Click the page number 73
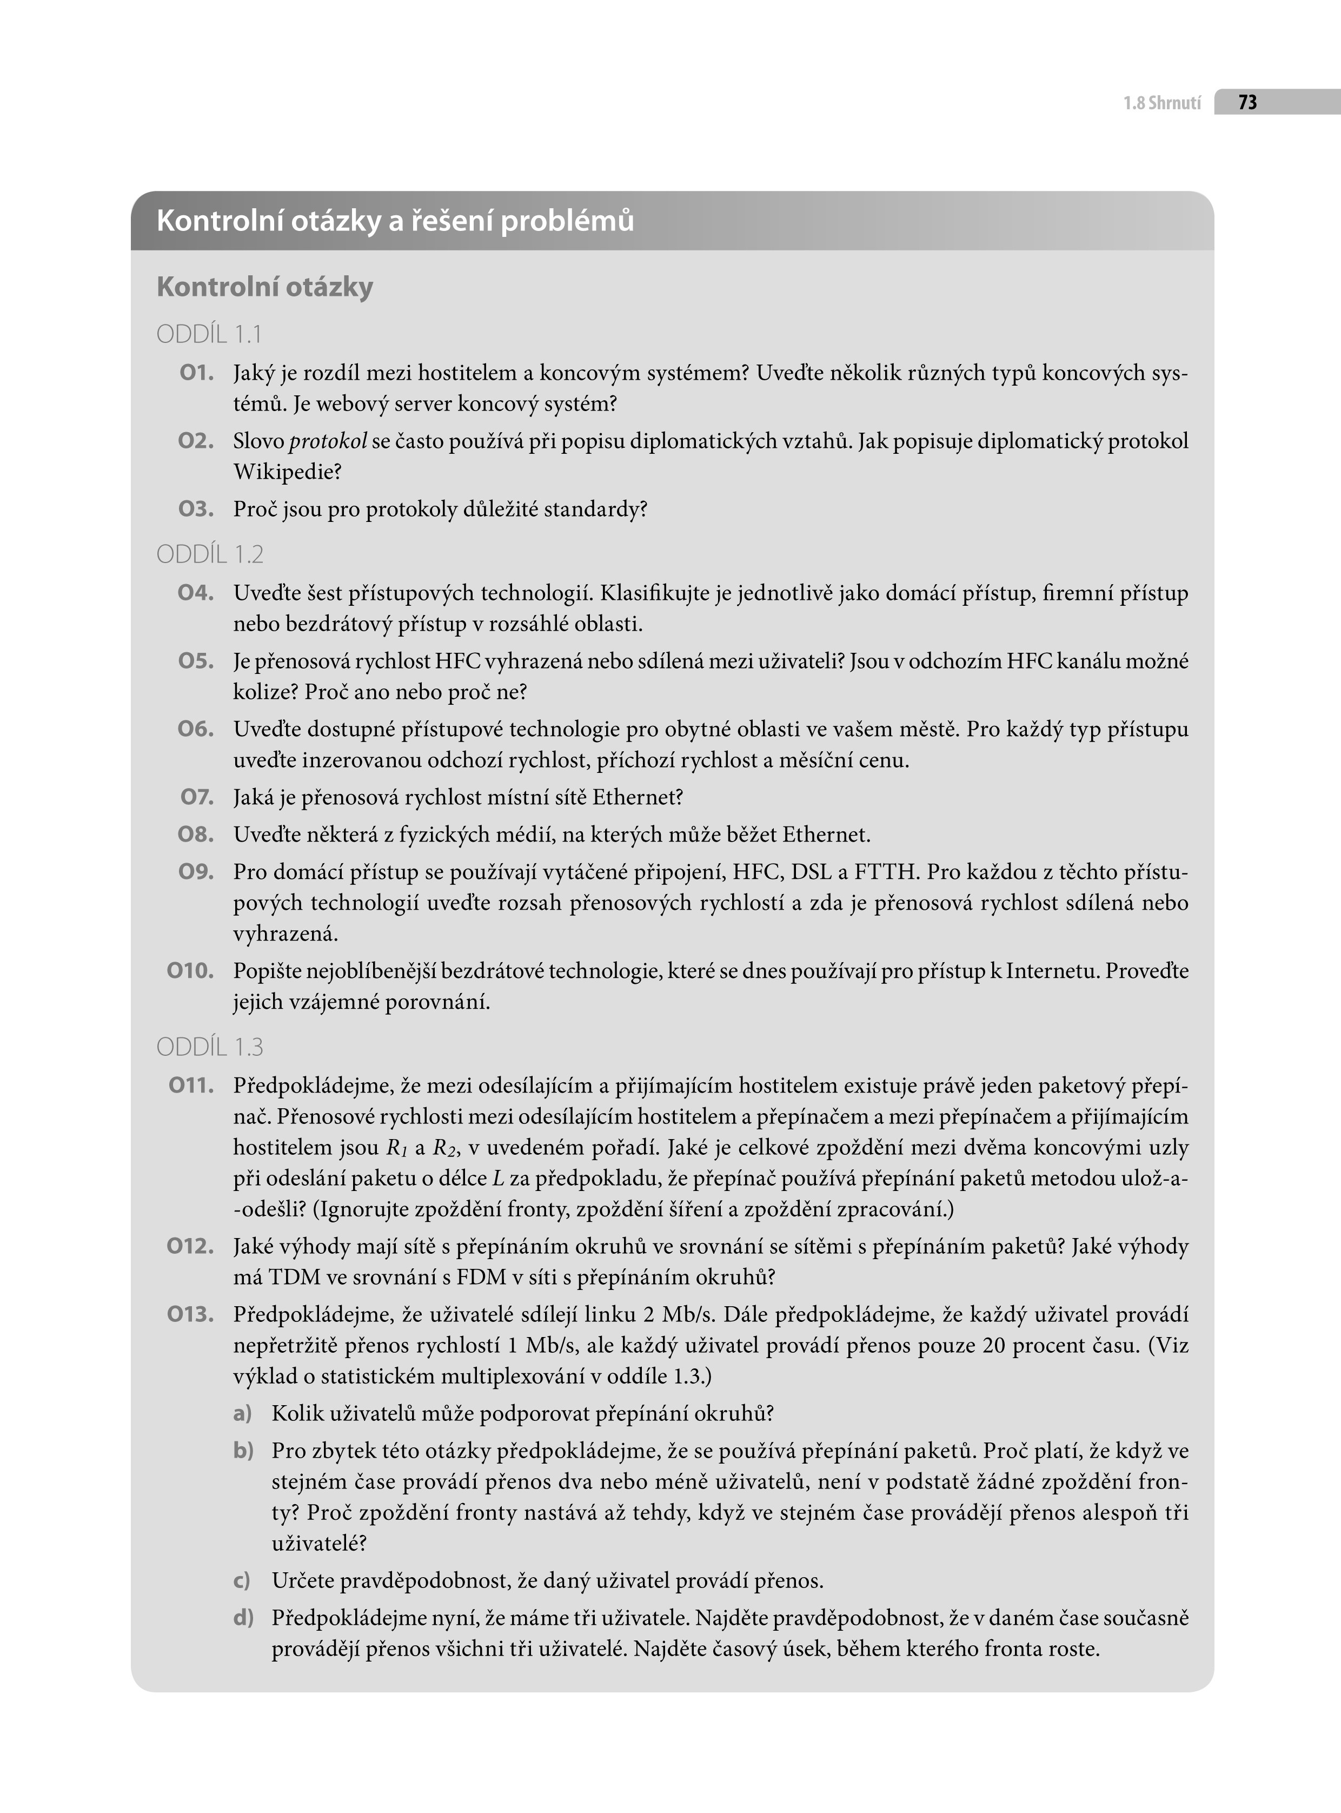[1247, 102]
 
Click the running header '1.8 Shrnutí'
[1161, 103]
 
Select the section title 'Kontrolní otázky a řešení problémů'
[395, 221]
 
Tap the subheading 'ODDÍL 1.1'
[209, 334]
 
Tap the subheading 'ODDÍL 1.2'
[209, 554]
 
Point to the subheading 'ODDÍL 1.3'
[209, 1047]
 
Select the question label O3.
[196, 509]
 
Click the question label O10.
[190, 970]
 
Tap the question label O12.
[190, 1246]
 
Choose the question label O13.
[190, 1314]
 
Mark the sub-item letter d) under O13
[243, 1618]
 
